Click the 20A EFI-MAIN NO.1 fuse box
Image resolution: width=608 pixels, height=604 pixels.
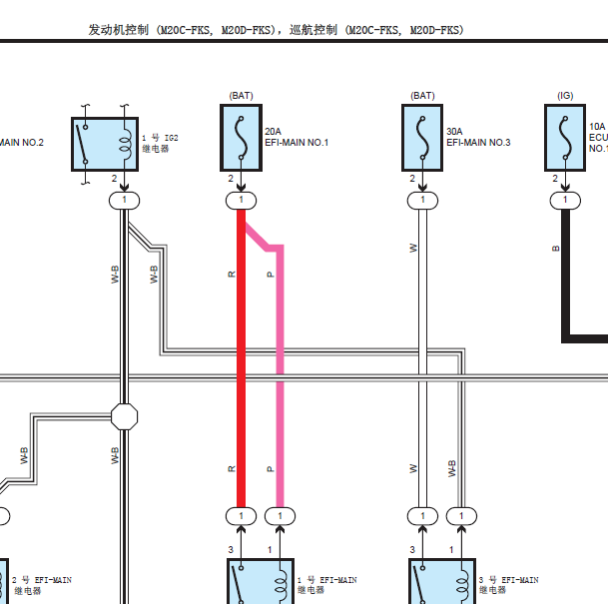(x=241, y=138)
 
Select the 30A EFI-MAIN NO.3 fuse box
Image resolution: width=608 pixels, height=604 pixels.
(x=422, y=138)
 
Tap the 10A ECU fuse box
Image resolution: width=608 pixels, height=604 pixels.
(x=565, y=138)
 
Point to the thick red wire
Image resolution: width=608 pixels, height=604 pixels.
(x=241, y=359)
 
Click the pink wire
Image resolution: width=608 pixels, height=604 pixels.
(x=280, y=379)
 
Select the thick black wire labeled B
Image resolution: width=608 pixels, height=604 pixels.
(x=566, y=280)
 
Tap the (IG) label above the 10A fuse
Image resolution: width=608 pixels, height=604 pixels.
(x=565, y=96)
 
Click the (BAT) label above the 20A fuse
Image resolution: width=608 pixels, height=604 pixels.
(x=241, y=96)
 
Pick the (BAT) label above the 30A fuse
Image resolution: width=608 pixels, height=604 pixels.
(x=422, y=96)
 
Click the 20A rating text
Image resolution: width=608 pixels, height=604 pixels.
(x=274, y=131)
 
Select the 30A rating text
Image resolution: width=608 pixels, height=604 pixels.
(x=455, y=131)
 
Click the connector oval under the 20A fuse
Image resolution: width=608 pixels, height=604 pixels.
(x=241, y=201)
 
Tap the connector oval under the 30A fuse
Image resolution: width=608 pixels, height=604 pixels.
(x=422, y=201)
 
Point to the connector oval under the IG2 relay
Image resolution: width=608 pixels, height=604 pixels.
(x=124, y=201)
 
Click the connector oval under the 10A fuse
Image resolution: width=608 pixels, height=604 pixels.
(x=565, y=201)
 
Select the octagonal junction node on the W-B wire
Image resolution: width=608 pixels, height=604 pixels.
(x=124, y=416)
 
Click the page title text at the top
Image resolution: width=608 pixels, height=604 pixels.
(x=276, y=30)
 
